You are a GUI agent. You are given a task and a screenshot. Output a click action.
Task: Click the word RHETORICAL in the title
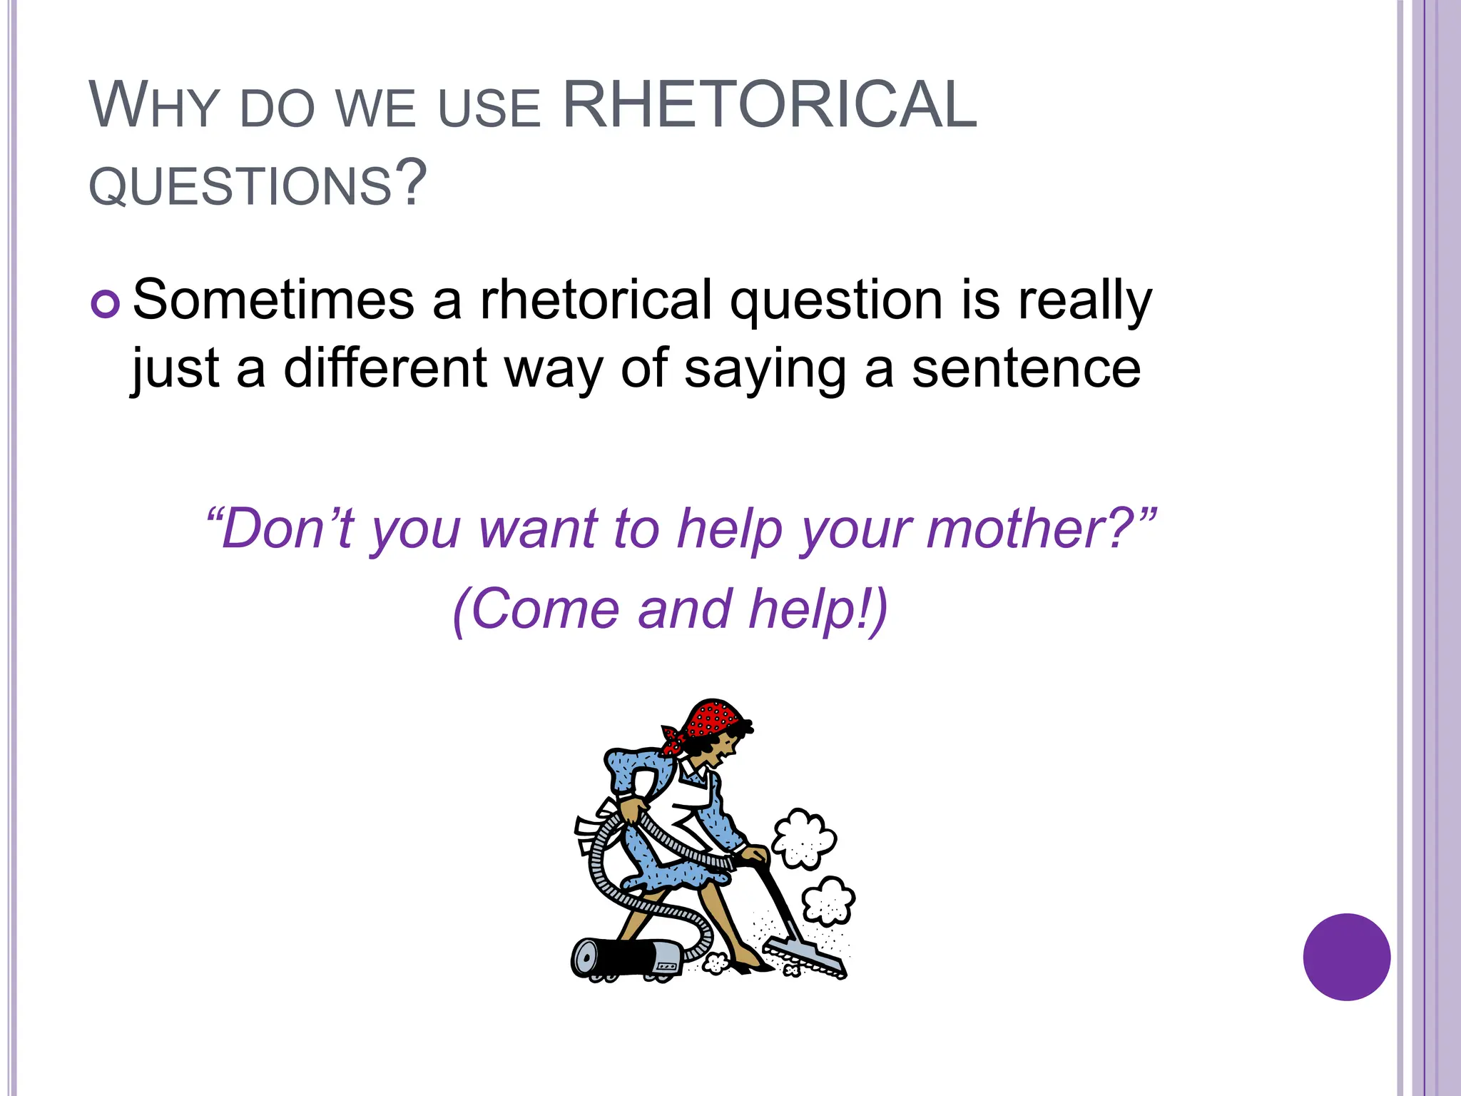coord(769,105)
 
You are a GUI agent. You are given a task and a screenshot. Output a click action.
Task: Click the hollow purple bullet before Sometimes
coord(106,305)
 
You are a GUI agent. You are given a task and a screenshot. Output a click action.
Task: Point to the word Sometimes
coord(273,300)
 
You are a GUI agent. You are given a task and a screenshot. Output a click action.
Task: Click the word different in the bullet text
coord(385,368)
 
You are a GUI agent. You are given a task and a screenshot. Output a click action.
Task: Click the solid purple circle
coord(1346,957)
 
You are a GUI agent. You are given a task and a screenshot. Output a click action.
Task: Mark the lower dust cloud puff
coord(828,900)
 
